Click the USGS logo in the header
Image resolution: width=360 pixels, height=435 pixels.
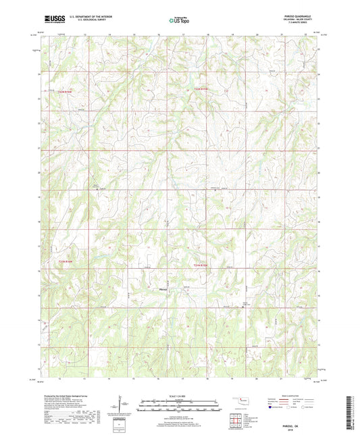pyautogui.click(x=53, y=21)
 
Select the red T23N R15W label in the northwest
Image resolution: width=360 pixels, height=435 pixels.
pyautogui.click(x=64, y=91)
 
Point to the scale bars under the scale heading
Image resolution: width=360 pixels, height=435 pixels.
pyautogui.click(x=179, y=405)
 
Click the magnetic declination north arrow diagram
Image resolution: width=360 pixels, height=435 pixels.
pyautogui.click(x=122, y=404)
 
